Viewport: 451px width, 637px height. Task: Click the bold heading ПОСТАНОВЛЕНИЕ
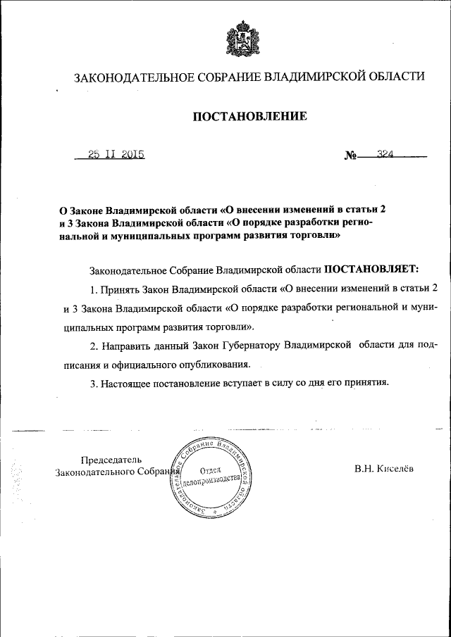[x=250, y=116]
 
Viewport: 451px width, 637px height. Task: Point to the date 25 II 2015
[x=116, y=155]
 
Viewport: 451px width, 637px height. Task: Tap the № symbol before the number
[x=350, y=156]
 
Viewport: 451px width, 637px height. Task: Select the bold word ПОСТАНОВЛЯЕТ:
[x=371, y=269]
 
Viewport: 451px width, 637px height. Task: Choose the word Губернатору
[x=243, y=346]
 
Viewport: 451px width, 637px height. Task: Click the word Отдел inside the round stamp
[x=211, y=470]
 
